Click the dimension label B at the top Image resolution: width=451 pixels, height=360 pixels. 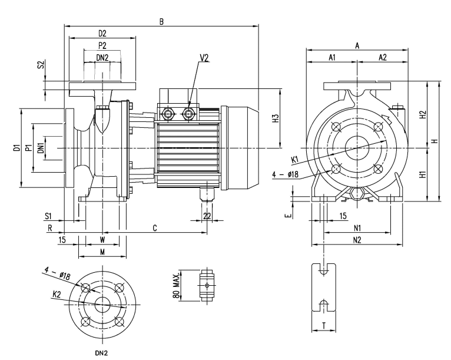coord(161,22)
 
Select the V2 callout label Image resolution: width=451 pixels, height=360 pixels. coord(204,58)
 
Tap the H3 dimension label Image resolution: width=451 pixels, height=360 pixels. coord(276,118)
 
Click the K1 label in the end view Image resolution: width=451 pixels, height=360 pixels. coord(295,160)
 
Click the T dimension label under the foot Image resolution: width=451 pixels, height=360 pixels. coord(324,326)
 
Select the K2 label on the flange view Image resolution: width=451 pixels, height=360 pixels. coord(57,295)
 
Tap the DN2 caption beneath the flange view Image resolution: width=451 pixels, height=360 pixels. coord(101,353)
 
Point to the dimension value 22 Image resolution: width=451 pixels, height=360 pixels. coord(207,216)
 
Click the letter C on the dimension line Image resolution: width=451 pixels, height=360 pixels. coord(155,228)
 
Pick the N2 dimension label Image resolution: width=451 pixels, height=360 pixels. coord(357,240)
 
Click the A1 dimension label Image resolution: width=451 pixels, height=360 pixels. coord(332,57)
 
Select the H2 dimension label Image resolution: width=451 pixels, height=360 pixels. coord(422,114)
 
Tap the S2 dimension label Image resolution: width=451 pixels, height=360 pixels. coord(41,64)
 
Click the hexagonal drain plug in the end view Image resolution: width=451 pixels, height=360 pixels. coord(357,194)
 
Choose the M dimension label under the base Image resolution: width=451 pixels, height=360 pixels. coord(102,252)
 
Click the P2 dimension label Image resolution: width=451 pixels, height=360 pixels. coord(102,45)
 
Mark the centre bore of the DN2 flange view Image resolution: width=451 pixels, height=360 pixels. coord(102,305)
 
